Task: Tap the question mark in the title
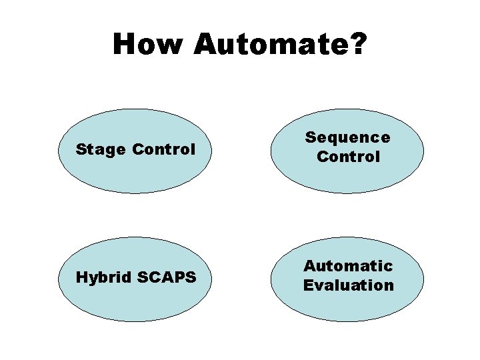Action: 358,45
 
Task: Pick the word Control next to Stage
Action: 164,149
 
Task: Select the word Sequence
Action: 347,138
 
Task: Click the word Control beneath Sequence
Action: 348,157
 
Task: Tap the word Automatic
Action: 348,266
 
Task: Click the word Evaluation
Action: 348,285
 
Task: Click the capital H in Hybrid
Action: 81,277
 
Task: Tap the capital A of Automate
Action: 205,45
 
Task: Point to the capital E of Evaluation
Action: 309,285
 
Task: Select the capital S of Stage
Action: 81,149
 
